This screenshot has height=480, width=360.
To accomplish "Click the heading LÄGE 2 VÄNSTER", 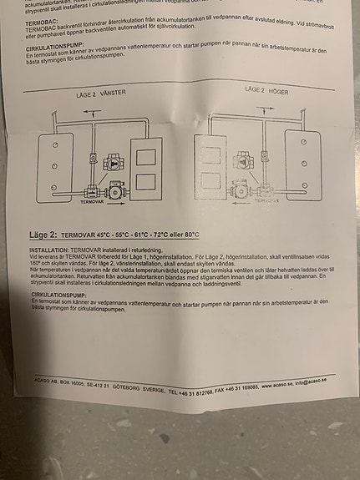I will (99, 93).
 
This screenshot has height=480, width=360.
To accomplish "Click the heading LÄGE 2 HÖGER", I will (266, 88).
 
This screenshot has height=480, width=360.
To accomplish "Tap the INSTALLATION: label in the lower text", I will (49, 250).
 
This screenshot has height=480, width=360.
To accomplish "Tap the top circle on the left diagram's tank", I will (53, 145).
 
